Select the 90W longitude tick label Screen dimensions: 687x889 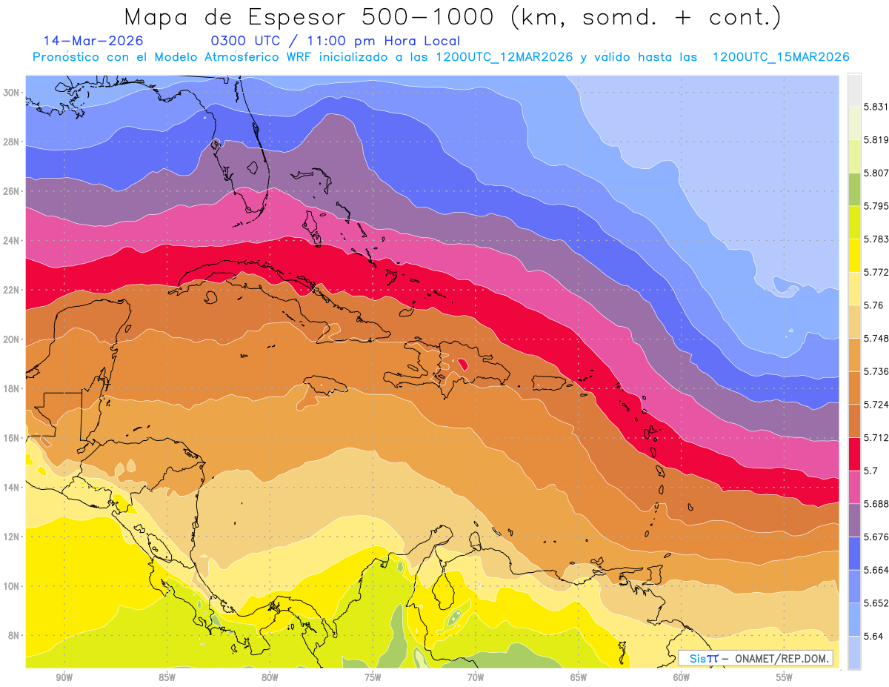[x=64, y=677]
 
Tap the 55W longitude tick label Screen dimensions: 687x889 [x=784, y=677]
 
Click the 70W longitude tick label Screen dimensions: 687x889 [x=475, y=677]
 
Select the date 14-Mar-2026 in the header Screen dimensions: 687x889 [x=93, y=41]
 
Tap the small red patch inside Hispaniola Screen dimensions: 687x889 [x=463, y=364]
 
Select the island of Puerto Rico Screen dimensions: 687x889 [x=549, y=383]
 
